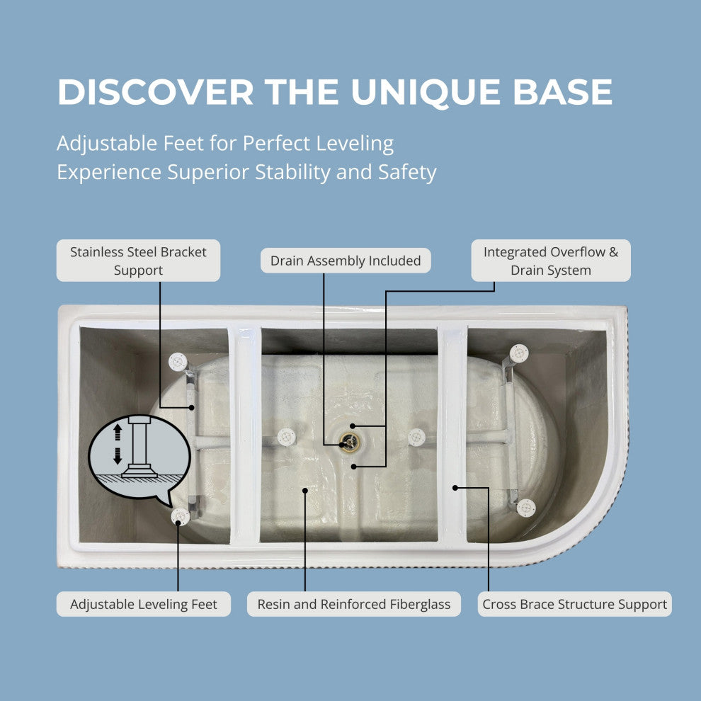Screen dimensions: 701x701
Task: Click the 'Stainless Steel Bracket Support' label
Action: (138, 261)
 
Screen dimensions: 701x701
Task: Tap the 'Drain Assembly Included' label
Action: (346, 261)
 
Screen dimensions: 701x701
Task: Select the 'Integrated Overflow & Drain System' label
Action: (551, 261)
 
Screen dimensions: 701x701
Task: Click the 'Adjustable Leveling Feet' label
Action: (144, 604)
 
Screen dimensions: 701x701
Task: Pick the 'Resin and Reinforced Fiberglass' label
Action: (353, 604)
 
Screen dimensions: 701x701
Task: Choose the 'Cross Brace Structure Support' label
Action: (574, 604)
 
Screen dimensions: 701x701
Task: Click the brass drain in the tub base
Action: (349, 443)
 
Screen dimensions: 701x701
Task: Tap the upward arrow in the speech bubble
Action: (118, 432)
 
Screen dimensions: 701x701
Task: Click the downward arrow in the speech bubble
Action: (118, 455)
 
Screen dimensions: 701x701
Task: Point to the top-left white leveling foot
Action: (178, 362)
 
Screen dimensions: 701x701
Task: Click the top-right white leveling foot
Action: (519, 353)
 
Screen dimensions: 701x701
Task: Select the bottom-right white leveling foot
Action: (526, 508)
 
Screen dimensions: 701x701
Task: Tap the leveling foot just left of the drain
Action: (287, 437)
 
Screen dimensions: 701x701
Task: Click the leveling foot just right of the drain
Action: (416, 437)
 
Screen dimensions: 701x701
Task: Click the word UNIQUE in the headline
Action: (426, 93)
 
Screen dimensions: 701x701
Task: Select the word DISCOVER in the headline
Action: (156, 92)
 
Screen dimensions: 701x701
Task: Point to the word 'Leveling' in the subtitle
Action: (355, 144)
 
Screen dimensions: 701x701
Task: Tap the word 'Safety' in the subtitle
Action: (407, 173)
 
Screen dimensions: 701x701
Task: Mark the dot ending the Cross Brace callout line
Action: (455, 488)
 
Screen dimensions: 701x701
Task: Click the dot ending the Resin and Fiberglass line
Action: (305, 491)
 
